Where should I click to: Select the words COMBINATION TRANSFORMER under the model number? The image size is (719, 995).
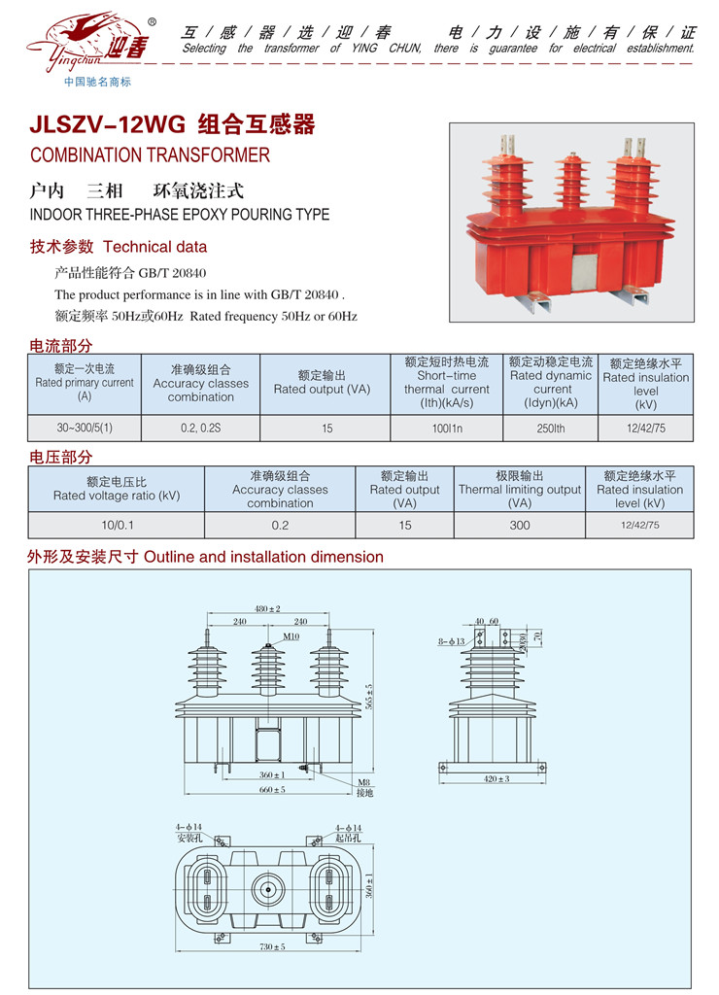pyautogui.click(x=150, y=155)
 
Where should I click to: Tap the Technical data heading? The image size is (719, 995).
pyautogui.click(x=154, y=247)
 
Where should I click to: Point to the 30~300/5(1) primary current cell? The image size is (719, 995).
pyautogui.click(x=85, y=428)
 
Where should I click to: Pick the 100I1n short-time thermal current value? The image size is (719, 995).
pyautogui.click(x=446, y=428)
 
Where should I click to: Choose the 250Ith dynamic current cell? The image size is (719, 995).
pyautogui.click(x=550, y=428)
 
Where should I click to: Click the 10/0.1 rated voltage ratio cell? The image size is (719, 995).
pyautogui.click(x=117, y=525)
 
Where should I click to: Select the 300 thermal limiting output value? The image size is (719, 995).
pyautogui.click(x=520, y=525)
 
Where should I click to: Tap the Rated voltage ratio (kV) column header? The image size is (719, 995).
pyautogui.click(x=117, y=489)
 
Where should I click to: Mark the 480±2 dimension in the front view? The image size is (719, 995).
pyautogui.click(x=267, y=609)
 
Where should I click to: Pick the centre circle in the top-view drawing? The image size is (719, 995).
pyautogui.click(x=266, y=888)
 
